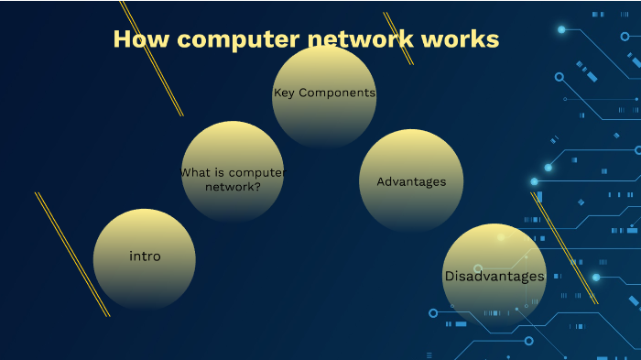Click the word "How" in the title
(x=136, y=39)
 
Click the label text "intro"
(x=145, y=256)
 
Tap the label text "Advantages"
(x=411, y=181)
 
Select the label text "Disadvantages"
(x=494, y=276)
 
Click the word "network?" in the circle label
(x=232, y=185)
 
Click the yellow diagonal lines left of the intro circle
(x=72, y=255)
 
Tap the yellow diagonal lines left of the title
(x=152, y=60)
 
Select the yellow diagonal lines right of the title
(x=398, y=38)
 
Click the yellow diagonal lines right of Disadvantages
(x=564, y=248)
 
